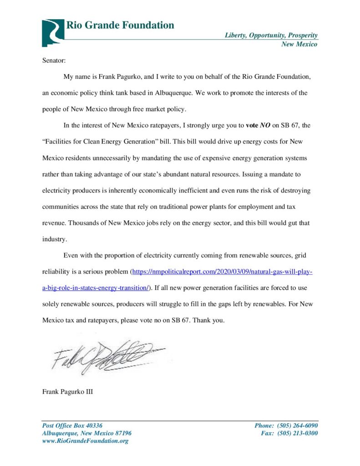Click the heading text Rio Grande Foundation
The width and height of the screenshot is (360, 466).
[x=120, y=25]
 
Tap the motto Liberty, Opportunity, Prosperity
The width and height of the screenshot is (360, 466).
[x=271, y=35]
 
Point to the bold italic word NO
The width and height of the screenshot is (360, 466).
[x=265, y=126]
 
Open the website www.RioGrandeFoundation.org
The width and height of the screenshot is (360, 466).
[x=85, y=441]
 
